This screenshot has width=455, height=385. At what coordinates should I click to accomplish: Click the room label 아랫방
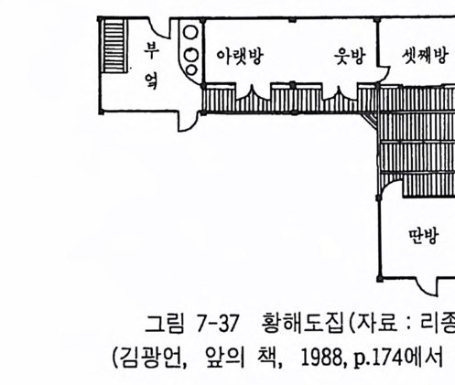click(240, 57)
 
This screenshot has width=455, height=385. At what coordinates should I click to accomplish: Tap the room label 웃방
click(350, 56)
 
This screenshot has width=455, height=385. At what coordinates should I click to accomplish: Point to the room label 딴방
click(424, 236)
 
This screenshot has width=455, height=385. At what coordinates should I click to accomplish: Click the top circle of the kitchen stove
click(190, 33)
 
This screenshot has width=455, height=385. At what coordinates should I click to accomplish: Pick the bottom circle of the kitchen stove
click(190, 70)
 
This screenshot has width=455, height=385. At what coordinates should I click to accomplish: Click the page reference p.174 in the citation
click(379, 358)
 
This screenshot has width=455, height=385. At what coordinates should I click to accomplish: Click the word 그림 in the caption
click(165, 324)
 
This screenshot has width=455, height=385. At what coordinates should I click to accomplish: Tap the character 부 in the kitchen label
click(151, 50)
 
